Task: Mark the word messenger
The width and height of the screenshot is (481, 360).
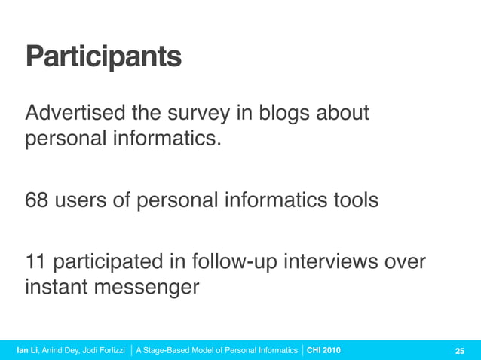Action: (152, 288)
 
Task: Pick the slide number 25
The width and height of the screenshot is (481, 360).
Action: (459, 350)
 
